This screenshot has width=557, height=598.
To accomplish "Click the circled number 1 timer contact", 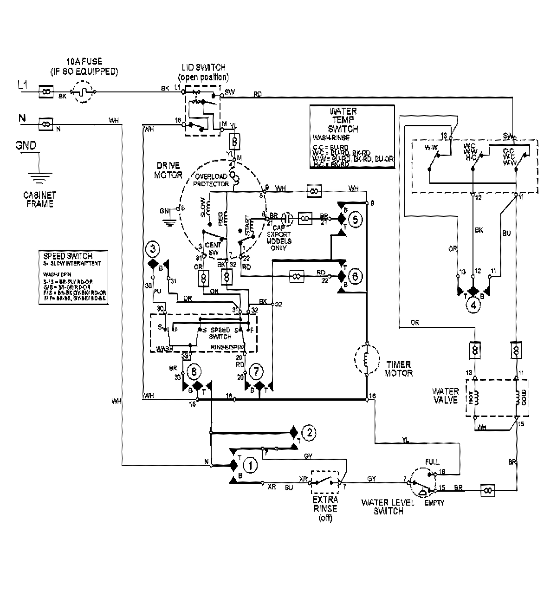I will click(x=250, y=464).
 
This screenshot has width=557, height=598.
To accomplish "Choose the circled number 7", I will click(x=255, y=371).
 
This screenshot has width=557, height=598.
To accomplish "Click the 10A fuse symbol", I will click(x=84, y=92).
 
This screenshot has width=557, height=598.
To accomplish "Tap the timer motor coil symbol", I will click(x=366, y=359).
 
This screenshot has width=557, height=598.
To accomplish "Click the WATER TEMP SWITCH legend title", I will click(x=343, y=120).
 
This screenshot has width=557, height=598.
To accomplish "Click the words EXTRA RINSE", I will click(x=324, y=505).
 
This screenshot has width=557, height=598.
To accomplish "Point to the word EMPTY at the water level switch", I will click(x=434, y=502).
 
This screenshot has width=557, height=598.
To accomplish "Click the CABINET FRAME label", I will click(x=39, y=200).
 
